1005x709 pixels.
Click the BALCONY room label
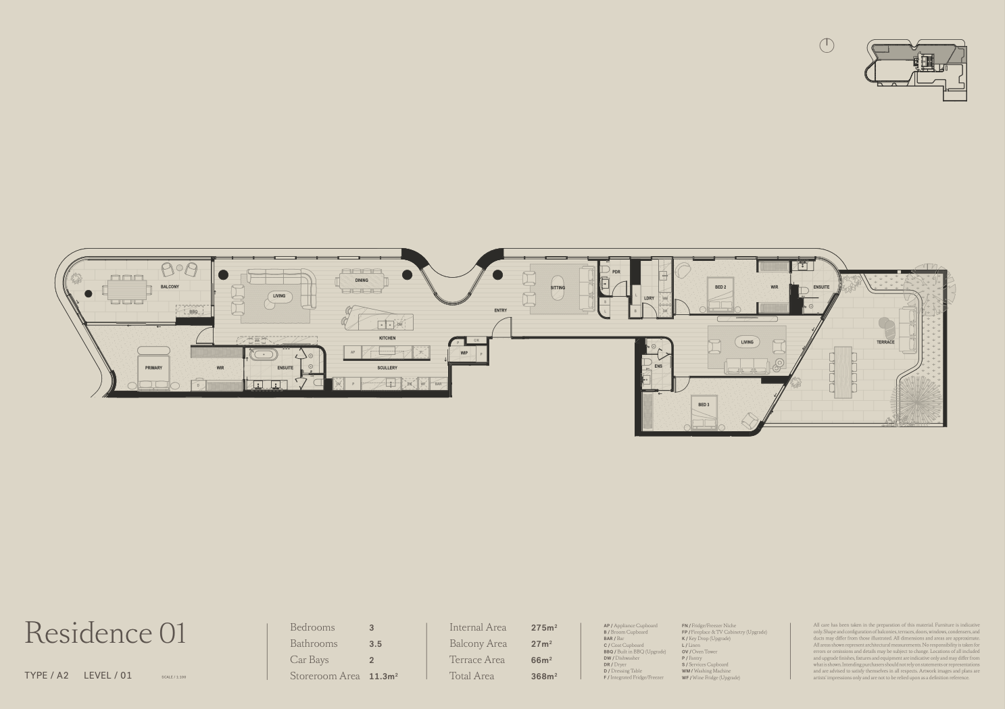point(170,287)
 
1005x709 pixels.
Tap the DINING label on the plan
point(362,280)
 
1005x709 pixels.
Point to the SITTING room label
point(558,288)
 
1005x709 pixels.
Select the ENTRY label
point(500,311)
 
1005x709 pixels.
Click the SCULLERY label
point(387,368)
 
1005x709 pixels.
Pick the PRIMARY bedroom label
point(153,368)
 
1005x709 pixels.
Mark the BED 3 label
point(704,405)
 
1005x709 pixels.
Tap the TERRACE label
point(885,343)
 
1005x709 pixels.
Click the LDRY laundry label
point(649,298)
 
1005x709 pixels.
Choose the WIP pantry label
point(464,353)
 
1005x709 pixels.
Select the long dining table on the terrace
point(843,372)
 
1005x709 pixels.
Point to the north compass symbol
point(827,45)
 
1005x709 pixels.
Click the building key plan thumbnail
point(917,70)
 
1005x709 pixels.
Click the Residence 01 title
point(105,633)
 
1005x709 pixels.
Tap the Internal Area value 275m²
point(544,628)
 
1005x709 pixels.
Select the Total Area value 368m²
point(544,676)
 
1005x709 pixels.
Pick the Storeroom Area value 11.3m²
point(383,676)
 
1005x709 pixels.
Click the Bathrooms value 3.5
point(375,644)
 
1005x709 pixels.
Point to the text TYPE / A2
point(47,675)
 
